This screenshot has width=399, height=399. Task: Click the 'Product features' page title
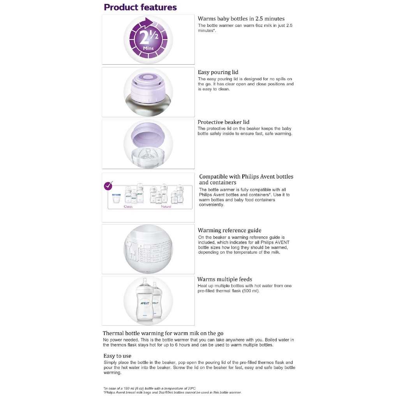coord(140,7)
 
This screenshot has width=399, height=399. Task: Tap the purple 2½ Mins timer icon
coord(148,39)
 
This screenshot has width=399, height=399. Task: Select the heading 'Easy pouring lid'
coord(218,72)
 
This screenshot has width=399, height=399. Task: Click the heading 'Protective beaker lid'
coord(223,122)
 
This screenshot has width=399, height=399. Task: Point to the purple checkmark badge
coord(108,185)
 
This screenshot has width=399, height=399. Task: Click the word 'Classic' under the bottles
coord(128,207)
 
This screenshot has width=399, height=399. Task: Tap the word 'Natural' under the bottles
coord(166,207)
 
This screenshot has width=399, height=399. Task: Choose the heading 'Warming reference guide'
coord(230,230)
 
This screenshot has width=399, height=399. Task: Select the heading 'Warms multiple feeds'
coord(224,279)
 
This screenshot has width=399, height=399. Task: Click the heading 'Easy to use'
coord(117,356)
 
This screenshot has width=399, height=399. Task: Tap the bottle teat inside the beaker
coord(148,154)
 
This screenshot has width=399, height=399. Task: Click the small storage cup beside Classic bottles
coord(116,198)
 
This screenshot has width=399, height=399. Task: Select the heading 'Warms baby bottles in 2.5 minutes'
coord(241,19)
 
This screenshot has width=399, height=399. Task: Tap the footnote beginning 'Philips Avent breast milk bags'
coord(173,392)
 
